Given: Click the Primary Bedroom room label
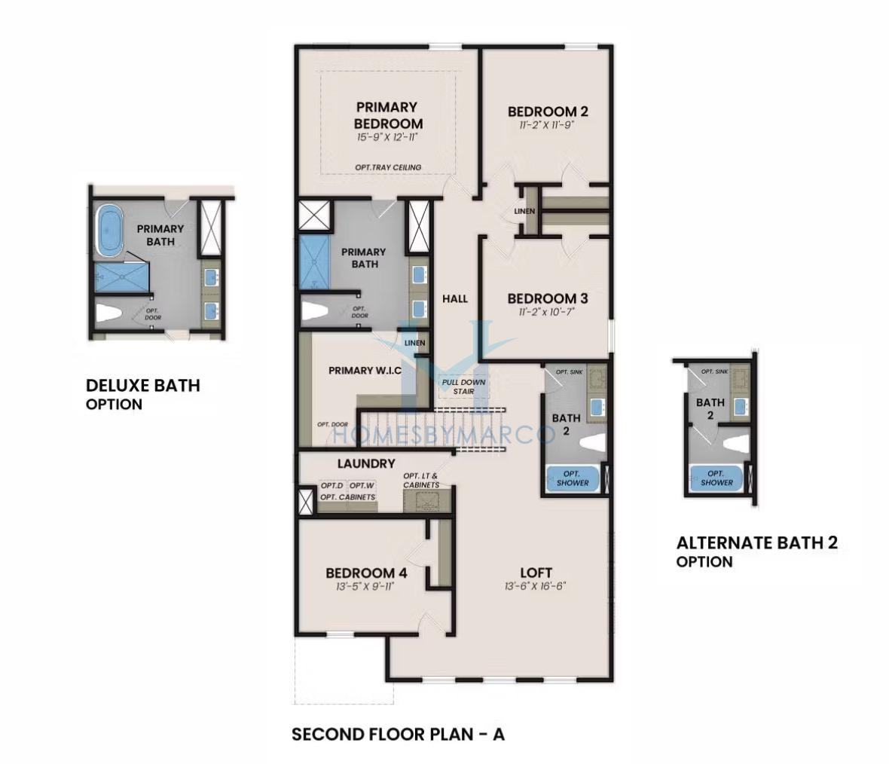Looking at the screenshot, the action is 388,115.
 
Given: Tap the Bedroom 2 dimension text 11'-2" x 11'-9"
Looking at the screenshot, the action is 547,125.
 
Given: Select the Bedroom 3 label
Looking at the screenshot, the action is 548,298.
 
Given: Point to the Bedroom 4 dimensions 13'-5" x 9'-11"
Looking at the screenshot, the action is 365,586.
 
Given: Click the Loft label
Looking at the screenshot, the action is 536,573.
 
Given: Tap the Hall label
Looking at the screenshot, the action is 455,298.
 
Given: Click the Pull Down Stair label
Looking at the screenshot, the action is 464,387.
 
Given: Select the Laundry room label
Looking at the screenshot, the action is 366,463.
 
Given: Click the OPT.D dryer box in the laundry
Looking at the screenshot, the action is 332,486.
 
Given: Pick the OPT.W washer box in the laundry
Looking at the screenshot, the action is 361,486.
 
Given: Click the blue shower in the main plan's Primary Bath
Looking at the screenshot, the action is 313,263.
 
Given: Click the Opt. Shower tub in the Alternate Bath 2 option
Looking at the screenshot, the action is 716,478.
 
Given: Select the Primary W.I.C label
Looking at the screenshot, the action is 365,371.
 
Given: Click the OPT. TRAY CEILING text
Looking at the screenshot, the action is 388,167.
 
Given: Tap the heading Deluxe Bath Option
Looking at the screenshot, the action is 143,394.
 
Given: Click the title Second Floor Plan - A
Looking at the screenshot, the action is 398,735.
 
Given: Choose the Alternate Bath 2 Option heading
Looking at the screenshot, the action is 757,552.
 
